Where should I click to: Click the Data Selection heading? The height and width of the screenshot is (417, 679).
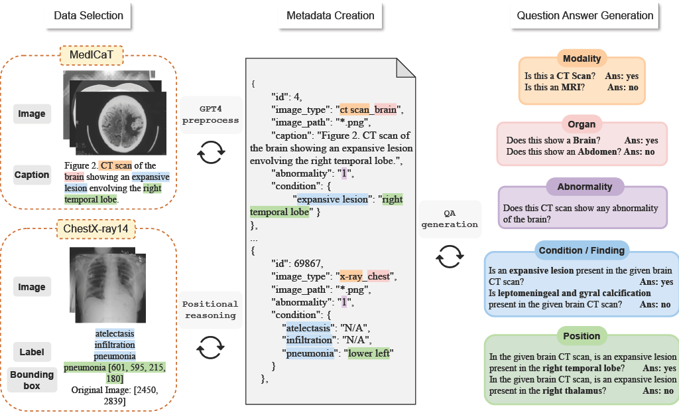88,16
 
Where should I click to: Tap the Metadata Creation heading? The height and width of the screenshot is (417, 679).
330,16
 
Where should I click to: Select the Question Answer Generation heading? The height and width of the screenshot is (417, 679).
585,16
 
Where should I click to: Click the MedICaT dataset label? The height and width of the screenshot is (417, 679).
92,55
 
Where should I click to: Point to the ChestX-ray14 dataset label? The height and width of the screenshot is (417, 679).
95,229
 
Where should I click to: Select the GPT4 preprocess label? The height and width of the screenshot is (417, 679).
210,115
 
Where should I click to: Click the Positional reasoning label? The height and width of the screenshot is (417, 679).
210,310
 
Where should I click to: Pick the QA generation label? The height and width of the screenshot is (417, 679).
450,219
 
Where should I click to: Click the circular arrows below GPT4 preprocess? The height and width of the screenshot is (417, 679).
211,152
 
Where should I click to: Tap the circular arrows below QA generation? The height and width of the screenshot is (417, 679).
450,256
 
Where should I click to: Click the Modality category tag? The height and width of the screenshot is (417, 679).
582,58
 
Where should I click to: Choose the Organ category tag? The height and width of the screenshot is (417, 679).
582,124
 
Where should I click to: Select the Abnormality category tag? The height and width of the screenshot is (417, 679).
585,187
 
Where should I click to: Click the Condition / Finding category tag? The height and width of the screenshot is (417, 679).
582,250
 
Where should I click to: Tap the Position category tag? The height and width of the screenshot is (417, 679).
582,336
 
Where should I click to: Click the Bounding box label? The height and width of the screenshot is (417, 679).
32,380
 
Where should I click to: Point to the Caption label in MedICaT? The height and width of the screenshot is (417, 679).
32,175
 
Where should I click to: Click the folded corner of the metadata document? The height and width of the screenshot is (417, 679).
406,68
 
